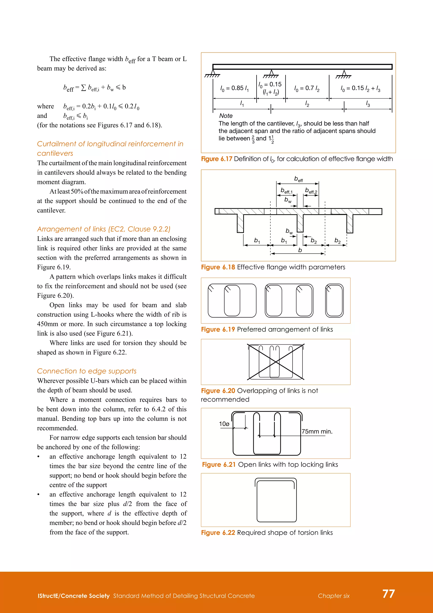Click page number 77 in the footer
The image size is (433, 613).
[388, 594]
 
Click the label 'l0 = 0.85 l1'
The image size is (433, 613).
[234, 88]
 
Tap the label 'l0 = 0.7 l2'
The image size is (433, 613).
[307, 88]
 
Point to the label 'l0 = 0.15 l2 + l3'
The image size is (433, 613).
[360, 88]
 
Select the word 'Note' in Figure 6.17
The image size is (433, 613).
[226, 116]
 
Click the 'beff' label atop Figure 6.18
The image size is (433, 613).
[298, 179]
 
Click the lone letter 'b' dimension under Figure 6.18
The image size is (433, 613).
[300, 250]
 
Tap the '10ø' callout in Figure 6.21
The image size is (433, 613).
[224, 424]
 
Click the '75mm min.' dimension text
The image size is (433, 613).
[317, 431]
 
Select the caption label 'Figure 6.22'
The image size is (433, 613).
[218, 533]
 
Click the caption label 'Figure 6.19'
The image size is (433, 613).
[218, 329]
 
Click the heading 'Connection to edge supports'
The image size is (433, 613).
[87, 371]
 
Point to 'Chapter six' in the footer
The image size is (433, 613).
[334, 596]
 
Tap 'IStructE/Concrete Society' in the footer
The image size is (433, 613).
[74, 596]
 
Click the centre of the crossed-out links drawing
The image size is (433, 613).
[276, 362]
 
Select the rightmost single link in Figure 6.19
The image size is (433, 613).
[334, 301]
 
